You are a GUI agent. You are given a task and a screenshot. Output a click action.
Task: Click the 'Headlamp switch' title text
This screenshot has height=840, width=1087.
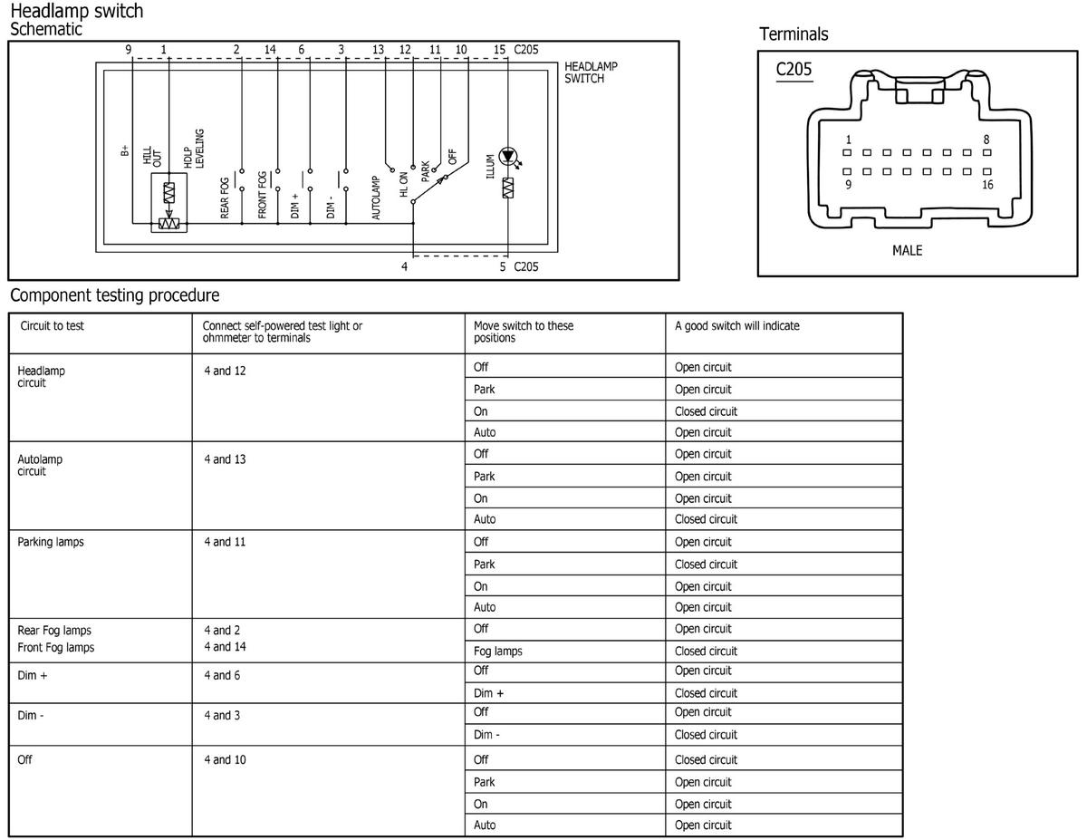76,12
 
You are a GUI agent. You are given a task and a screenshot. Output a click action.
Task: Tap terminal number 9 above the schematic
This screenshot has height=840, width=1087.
129,49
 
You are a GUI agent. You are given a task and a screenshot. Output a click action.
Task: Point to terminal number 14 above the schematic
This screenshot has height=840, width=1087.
270,49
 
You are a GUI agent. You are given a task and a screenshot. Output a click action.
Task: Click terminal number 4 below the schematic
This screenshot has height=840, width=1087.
405,266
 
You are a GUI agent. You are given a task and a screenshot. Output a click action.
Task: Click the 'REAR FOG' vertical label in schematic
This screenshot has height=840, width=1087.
226,197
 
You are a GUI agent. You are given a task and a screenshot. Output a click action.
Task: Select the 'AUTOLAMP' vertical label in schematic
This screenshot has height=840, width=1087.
377,197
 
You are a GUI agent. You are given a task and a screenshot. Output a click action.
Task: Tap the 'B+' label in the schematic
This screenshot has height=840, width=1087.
125,151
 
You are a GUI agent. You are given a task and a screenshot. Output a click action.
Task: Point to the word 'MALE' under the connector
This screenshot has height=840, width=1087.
907,250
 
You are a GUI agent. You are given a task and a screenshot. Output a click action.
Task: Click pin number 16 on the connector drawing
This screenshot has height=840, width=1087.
987,185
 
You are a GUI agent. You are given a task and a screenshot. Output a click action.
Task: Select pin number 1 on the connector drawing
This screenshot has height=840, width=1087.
848,140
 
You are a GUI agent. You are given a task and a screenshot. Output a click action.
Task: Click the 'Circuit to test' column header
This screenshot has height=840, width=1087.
52,326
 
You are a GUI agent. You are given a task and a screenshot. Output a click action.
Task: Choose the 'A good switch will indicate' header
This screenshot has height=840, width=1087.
736,326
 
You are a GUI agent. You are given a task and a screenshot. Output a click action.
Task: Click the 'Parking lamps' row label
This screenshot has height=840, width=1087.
51,542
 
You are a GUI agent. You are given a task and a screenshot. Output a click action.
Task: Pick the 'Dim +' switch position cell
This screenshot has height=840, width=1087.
488,693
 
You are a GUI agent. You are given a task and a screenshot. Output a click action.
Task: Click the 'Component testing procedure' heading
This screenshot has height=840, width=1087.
114,295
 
